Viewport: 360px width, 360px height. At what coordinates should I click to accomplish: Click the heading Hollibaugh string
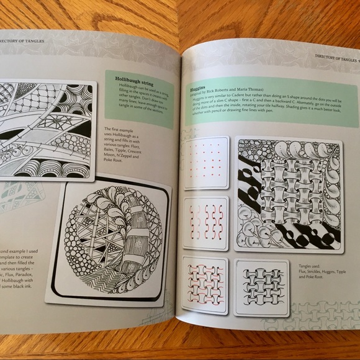pos(135,79)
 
